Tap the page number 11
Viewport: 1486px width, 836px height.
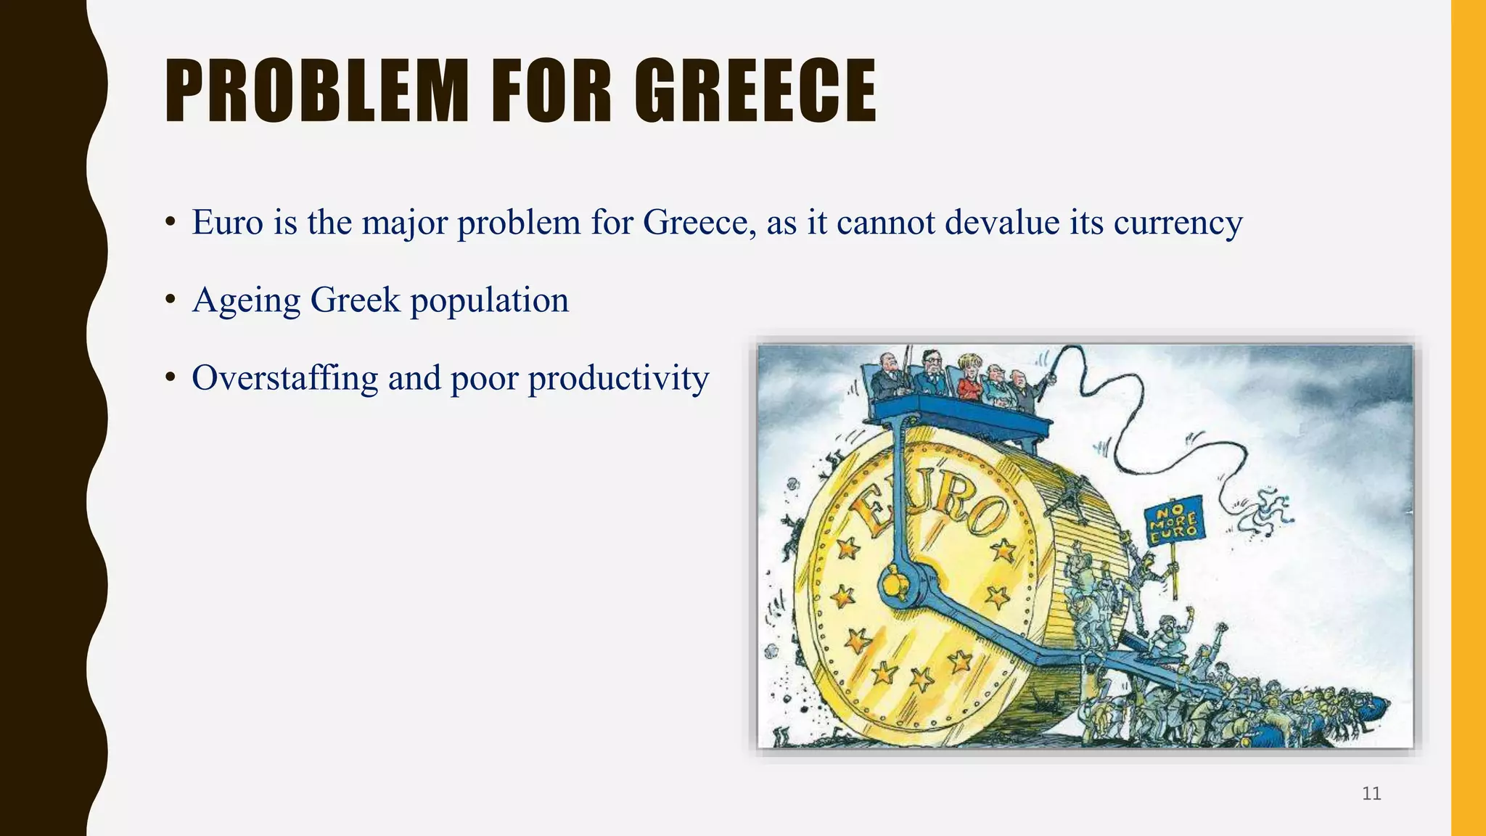click(1371, 793)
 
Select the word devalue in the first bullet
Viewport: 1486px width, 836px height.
click(1001, 222)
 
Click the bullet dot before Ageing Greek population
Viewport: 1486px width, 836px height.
click(171, 300)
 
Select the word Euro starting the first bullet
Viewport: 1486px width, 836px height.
click(227, 222)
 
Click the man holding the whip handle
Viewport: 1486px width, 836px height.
click(1023, 390)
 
